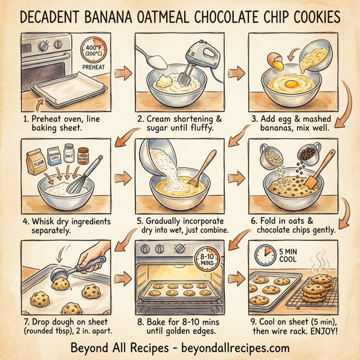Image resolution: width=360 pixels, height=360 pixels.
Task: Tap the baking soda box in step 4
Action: click(55, 157)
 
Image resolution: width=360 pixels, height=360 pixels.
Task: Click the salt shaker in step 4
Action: click(69, 155)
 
